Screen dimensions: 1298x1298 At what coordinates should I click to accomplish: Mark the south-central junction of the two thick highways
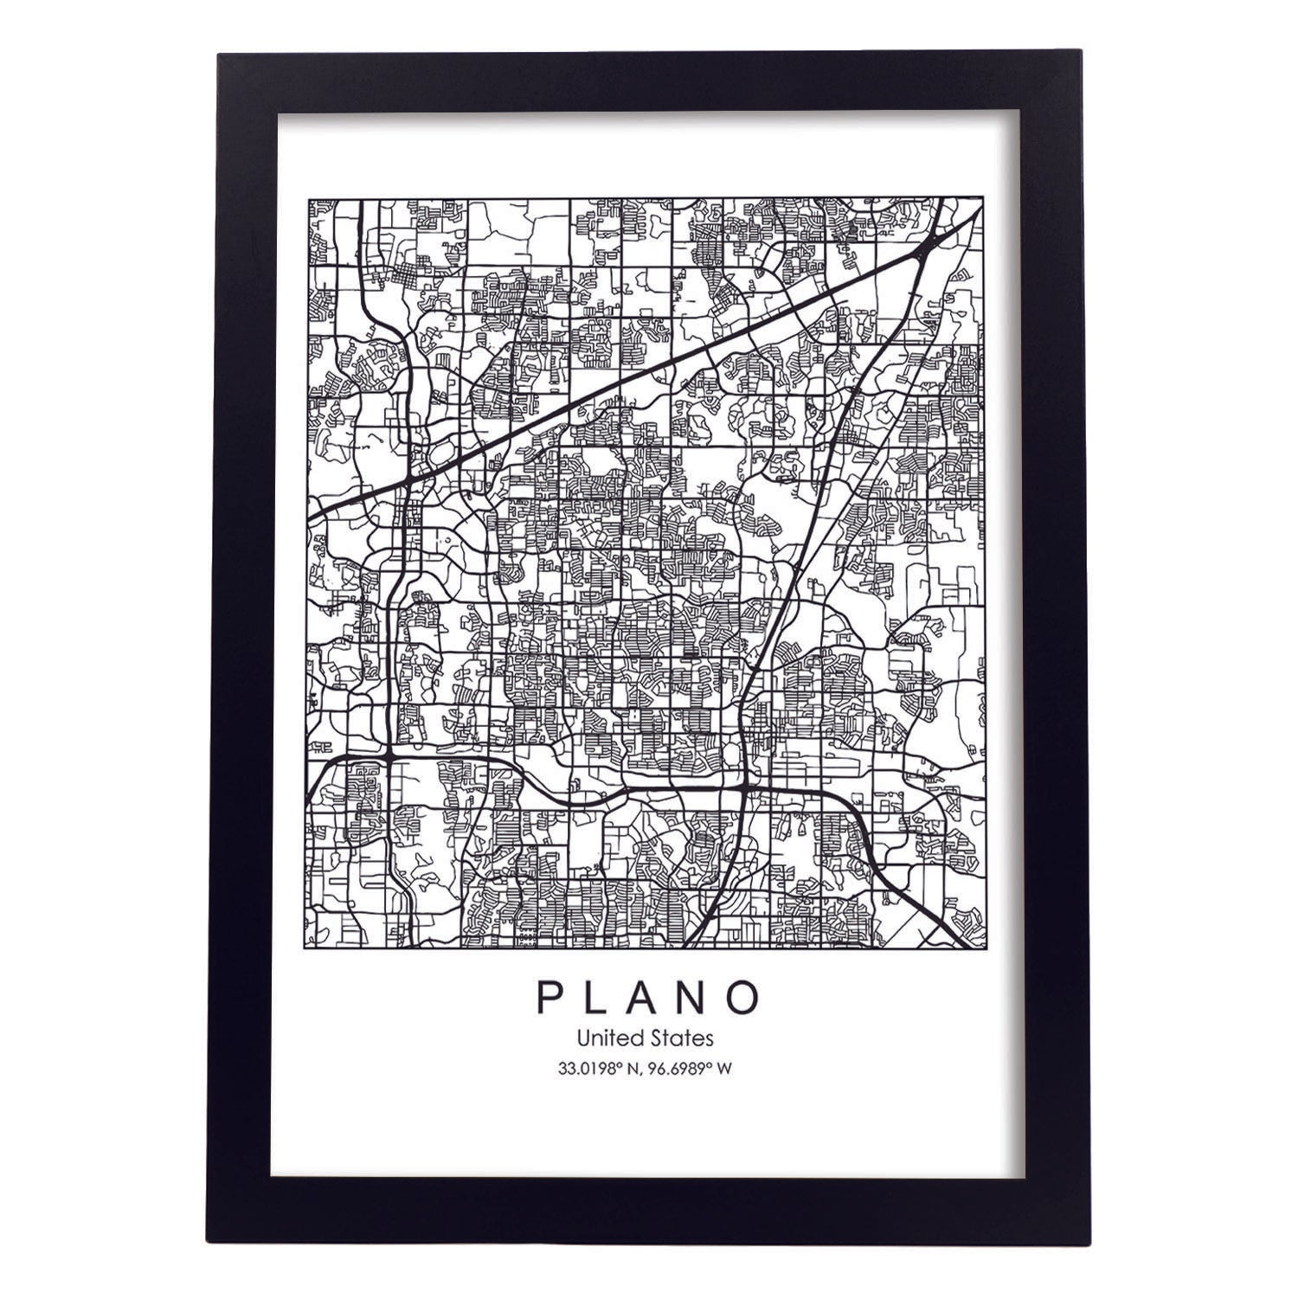click(x=744, y=787)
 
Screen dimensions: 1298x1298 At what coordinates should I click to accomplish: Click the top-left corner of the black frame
click(x=219, y=55)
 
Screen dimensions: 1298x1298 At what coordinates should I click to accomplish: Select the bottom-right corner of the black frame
click(x=1081, y=1244)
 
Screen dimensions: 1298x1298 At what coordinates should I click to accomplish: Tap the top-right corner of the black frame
click(x=1081, y=55)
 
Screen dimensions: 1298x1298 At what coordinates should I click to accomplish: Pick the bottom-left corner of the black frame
click(x=219, y=1244)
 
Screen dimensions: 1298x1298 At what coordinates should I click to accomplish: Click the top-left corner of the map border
click(x=309, y=199)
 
